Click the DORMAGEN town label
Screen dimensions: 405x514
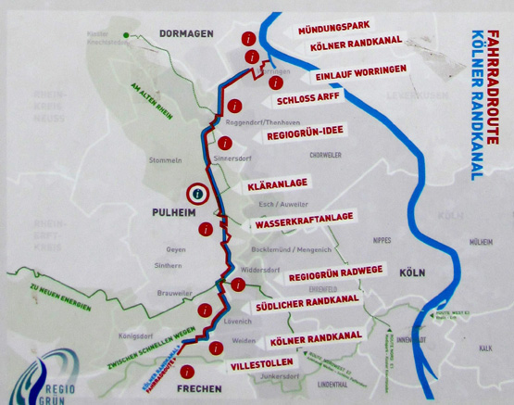coord(185,33)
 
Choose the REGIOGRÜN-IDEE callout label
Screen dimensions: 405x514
coord(305,135)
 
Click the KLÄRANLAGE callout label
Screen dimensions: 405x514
coord(278,185)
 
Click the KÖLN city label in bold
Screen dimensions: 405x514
coord(411,273)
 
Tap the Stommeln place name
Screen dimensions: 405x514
coord(165,159)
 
